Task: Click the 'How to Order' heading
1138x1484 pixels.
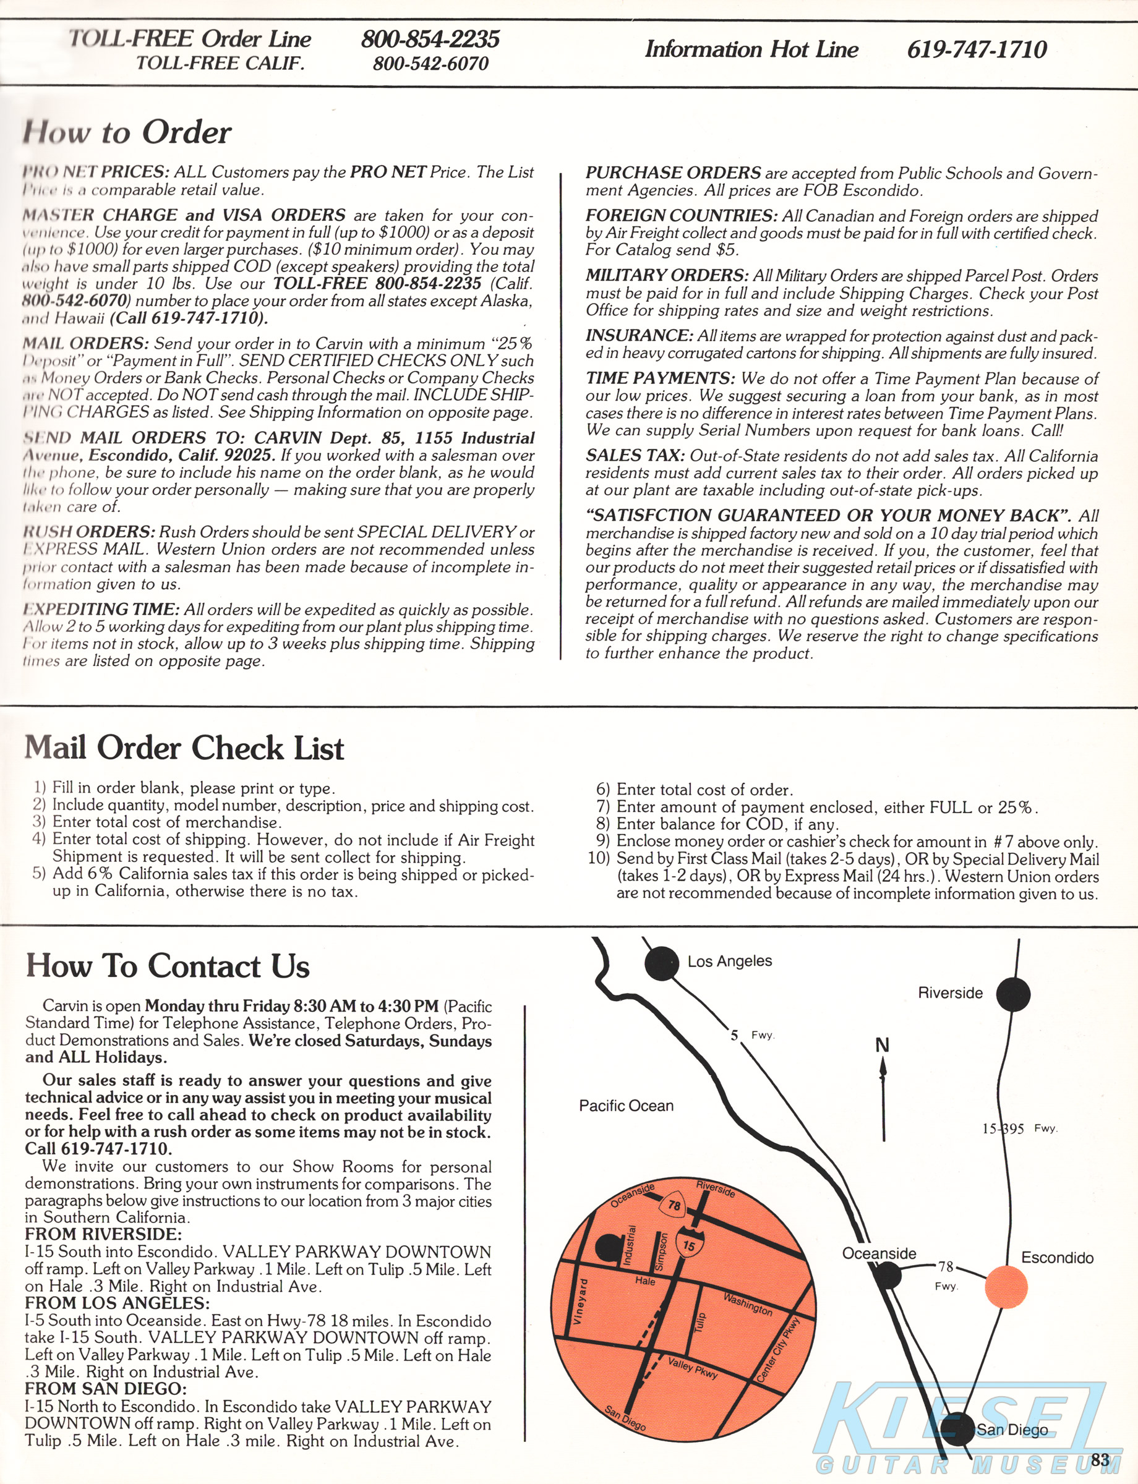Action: (x=127, y=132)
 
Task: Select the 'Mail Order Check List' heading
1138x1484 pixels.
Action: (x=184, y=748)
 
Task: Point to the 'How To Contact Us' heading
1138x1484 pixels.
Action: (x=168, y=966)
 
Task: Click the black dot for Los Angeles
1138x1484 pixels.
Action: (x=662, y=963)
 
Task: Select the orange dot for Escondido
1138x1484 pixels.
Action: (x=1005, y=1287)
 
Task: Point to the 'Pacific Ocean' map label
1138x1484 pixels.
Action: (x=626, y=1106)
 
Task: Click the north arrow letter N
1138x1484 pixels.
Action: (x=882, y=1046)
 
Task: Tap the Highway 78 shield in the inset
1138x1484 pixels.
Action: (x=674, y=1206)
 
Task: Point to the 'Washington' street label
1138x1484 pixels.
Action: (x=747, y=1304)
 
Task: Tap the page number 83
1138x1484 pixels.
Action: (x=1100, y=1458)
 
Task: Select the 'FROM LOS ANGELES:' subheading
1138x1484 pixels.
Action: (x=117, y=1303)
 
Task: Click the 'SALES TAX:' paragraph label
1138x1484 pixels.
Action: (x=635, y=456)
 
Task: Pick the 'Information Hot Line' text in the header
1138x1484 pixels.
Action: (x=751, y=49)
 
